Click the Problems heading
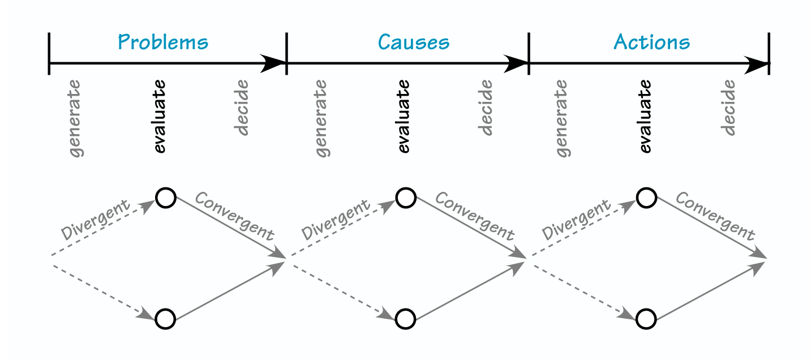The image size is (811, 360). coord(163,42)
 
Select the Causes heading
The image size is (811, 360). coord(414,42)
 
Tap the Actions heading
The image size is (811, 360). coord(652,42)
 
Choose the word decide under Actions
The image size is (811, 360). coord(729,108)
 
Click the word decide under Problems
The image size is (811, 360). coord(242,108)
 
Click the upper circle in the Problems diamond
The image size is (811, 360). coord(166,198)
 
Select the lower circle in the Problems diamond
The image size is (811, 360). coord(166,319)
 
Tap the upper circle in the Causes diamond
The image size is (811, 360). coord(406,198)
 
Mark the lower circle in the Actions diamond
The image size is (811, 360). coord(646,319)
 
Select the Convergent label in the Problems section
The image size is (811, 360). coord(234,216)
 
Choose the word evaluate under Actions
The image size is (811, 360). coord(645,116)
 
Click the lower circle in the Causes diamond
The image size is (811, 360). coord(406,319)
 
